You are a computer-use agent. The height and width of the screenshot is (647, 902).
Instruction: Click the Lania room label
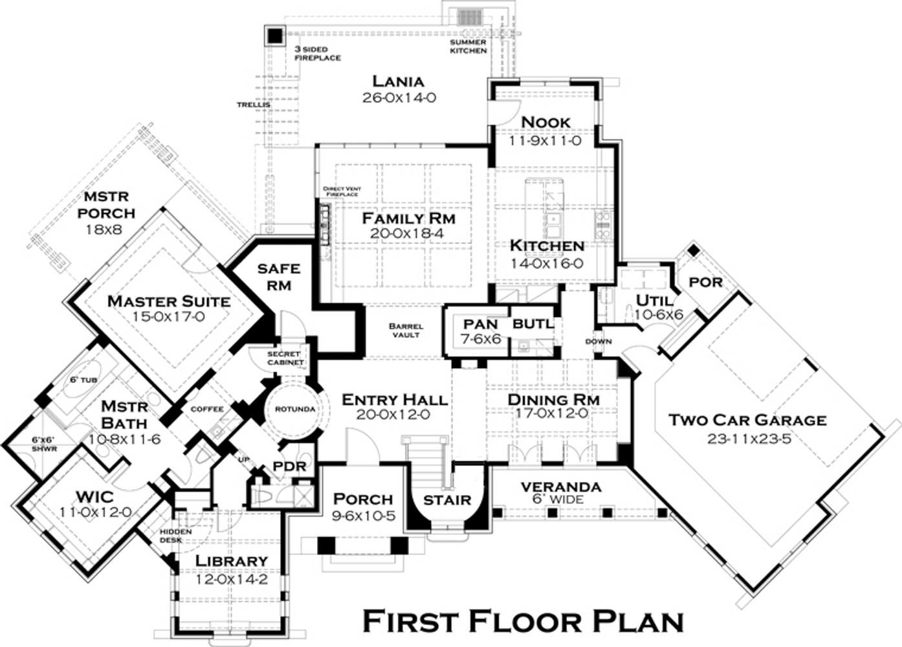[398, 82]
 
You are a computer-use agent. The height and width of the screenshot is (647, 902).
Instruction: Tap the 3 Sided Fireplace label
[317, 53]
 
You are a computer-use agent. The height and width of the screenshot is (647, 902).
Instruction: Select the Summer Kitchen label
[468, 46]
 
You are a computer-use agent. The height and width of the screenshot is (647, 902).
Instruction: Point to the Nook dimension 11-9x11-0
[545, 140]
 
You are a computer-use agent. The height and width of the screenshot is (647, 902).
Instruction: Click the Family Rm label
[408, 219]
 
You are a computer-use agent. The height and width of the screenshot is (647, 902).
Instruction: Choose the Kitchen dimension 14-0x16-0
[547, 263]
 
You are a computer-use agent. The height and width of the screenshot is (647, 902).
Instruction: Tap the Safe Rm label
[278, 276]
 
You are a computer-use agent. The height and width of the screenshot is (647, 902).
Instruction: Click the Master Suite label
[168, 301]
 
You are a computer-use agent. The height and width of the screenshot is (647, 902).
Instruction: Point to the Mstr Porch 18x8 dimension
[104, 230]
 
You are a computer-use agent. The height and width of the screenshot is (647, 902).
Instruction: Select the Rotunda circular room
[294, 410]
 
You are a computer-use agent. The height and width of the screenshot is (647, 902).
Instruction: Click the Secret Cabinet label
[285, 358]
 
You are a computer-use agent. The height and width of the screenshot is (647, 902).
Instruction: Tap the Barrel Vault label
[406, 330]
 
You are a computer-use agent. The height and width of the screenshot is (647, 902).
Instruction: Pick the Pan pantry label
[480, 324]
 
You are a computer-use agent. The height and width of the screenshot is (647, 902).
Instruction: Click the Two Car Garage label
[747, 420]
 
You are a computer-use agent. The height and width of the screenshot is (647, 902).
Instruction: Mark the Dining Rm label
[553, 400]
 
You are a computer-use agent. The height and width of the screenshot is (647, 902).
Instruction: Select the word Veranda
[560, 487]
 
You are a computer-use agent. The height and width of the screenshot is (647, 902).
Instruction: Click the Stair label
[447, 500]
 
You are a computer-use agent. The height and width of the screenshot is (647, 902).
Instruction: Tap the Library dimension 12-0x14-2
[231, 580]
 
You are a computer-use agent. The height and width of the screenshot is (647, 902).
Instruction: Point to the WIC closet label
[94, 497]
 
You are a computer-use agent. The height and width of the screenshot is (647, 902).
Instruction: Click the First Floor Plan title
[523, 621]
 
